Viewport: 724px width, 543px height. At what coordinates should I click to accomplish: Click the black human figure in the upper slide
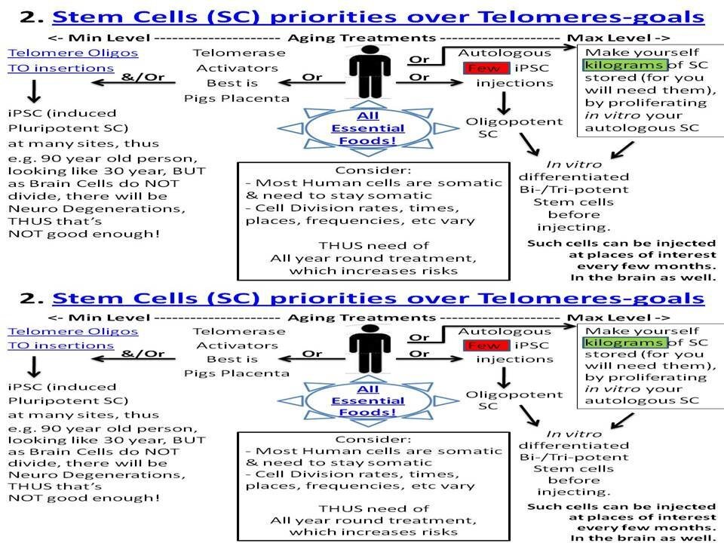[x=370, y=72]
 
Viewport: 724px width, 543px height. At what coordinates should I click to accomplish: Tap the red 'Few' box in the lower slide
[x=484, y=345]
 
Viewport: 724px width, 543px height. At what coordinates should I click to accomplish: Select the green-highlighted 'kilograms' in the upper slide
[x=624, y=65]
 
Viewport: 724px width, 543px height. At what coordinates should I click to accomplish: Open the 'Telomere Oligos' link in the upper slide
[x=73, y=53]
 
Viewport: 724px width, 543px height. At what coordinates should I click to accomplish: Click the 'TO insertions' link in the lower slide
[x=61, y=345]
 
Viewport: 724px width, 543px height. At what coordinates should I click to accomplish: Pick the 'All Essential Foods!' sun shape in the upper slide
[x=368, y=128]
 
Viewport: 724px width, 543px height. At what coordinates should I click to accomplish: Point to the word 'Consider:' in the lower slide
[x=373, y=439]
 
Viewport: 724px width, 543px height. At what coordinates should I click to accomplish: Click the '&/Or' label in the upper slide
[x=143, y=77]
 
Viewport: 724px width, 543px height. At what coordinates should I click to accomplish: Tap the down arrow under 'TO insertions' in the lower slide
[x=34, y=367]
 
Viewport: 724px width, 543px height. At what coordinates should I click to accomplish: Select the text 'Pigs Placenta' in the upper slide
[x=236, y=98]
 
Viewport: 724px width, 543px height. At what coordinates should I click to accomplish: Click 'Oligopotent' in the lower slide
[x=514, y=394]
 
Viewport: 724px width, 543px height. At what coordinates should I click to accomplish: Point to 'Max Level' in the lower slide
[x=609, y=318]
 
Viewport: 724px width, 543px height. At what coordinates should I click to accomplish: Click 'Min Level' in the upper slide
[x=109, y=38]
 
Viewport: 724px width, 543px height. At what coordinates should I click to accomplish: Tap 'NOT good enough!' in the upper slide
[x=84, y=234]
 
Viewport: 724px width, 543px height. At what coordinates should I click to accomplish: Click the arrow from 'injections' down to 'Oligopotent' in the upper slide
[x=504, y=103]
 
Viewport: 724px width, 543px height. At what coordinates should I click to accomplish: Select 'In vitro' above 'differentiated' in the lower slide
[x=574, y=434]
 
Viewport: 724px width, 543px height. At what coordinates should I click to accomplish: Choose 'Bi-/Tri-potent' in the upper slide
[x=574, y=189]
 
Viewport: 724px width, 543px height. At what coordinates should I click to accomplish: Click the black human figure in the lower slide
[x=370, y=348]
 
